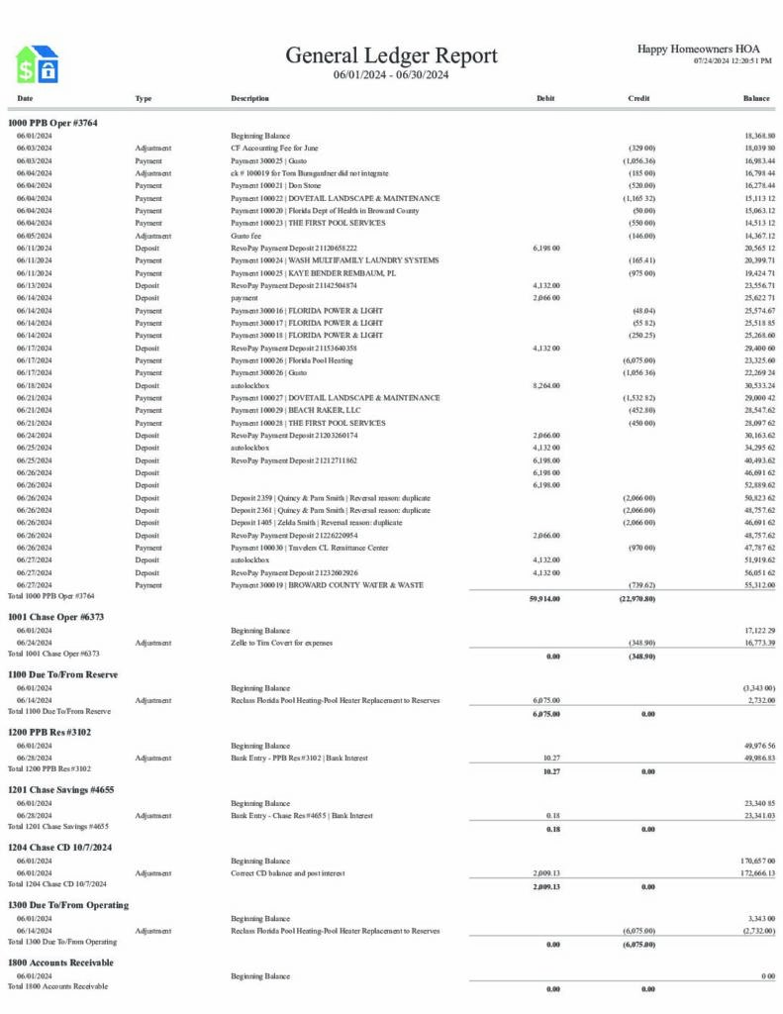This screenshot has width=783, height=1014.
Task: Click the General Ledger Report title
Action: (x=391, y=55)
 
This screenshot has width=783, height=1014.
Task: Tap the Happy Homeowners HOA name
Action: (x=698, y=49)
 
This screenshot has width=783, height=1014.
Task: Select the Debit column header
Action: (x=545, y=99)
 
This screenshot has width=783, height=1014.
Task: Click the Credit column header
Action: (x=638, y=99)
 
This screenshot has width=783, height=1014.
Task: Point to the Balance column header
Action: (x=756, y=99)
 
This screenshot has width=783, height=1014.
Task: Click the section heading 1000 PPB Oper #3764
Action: (x=52, y=123)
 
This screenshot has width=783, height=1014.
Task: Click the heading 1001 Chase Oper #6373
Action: (x=55, y=617)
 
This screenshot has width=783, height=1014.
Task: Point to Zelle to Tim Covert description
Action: (x=282, y=643)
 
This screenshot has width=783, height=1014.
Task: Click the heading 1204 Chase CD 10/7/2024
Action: (x=59, y=848)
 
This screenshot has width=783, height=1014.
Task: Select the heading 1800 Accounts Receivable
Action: (x=60, y=963)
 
